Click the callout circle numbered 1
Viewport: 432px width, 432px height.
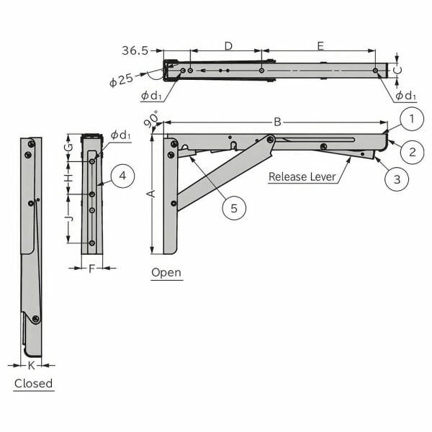point(408,119)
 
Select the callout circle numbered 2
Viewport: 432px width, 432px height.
point(412,151)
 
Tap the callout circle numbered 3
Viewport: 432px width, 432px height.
point(397,178)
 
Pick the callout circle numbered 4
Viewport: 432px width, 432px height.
point(123,176)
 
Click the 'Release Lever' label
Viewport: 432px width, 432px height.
point(302,177)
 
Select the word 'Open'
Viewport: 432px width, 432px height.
point(166,273)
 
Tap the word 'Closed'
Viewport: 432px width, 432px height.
point(34,383)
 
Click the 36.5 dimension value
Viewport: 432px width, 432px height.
point(135,50)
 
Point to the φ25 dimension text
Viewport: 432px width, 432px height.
point(121,81)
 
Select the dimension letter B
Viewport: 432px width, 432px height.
point(276,122)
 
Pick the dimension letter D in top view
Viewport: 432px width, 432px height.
point(228,46)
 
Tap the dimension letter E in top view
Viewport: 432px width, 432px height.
point(320,46)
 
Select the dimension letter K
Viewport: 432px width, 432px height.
point(31,366)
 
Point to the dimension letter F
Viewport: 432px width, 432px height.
point(91,269)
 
